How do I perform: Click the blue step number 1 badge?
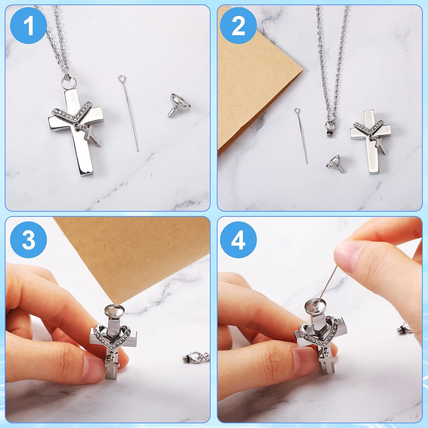coord(29,26)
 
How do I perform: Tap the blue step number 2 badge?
coord(238,26)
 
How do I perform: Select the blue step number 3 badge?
coord(29,240)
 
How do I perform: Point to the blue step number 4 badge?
coord(238,240)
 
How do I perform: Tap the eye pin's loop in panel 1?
coord(122,78)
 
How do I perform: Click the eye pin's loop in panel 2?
coord(297,110)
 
